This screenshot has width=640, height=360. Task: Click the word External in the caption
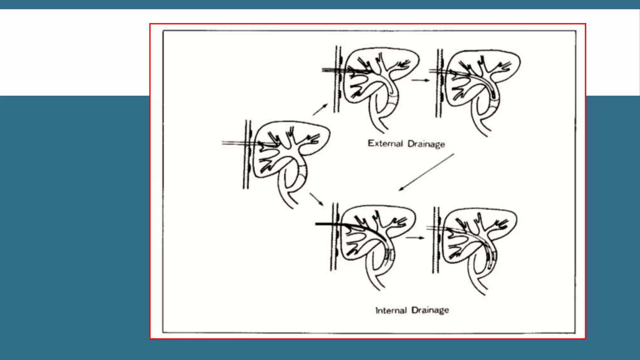(385, 143)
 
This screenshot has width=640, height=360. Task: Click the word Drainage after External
(426, 144)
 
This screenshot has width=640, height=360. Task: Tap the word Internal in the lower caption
(391, 310)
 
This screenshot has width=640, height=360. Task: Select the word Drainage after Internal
(430, 310)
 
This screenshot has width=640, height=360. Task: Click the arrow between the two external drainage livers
(421, 80)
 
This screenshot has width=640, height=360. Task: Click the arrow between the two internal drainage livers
(415, 238)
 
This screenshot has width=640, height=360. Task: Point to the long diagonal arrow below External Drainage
(426, 172)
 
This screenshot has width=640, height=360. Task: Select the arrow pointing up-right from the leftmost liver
(320, 109)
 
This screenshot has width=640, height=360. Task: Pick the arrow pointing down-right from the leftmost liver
(317, 199)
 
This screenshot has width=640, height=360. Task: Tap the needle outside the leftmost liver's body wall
(233, 143)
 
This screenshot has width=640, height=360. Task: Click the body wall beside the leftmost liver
(247, 154)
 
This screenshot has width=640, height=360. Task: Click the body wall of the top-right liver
(439, 83)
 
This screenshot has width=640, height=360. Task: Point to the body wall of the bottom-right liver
(436, 240)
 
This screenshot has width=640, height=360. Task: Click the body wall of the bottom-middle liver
(334, 237)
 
